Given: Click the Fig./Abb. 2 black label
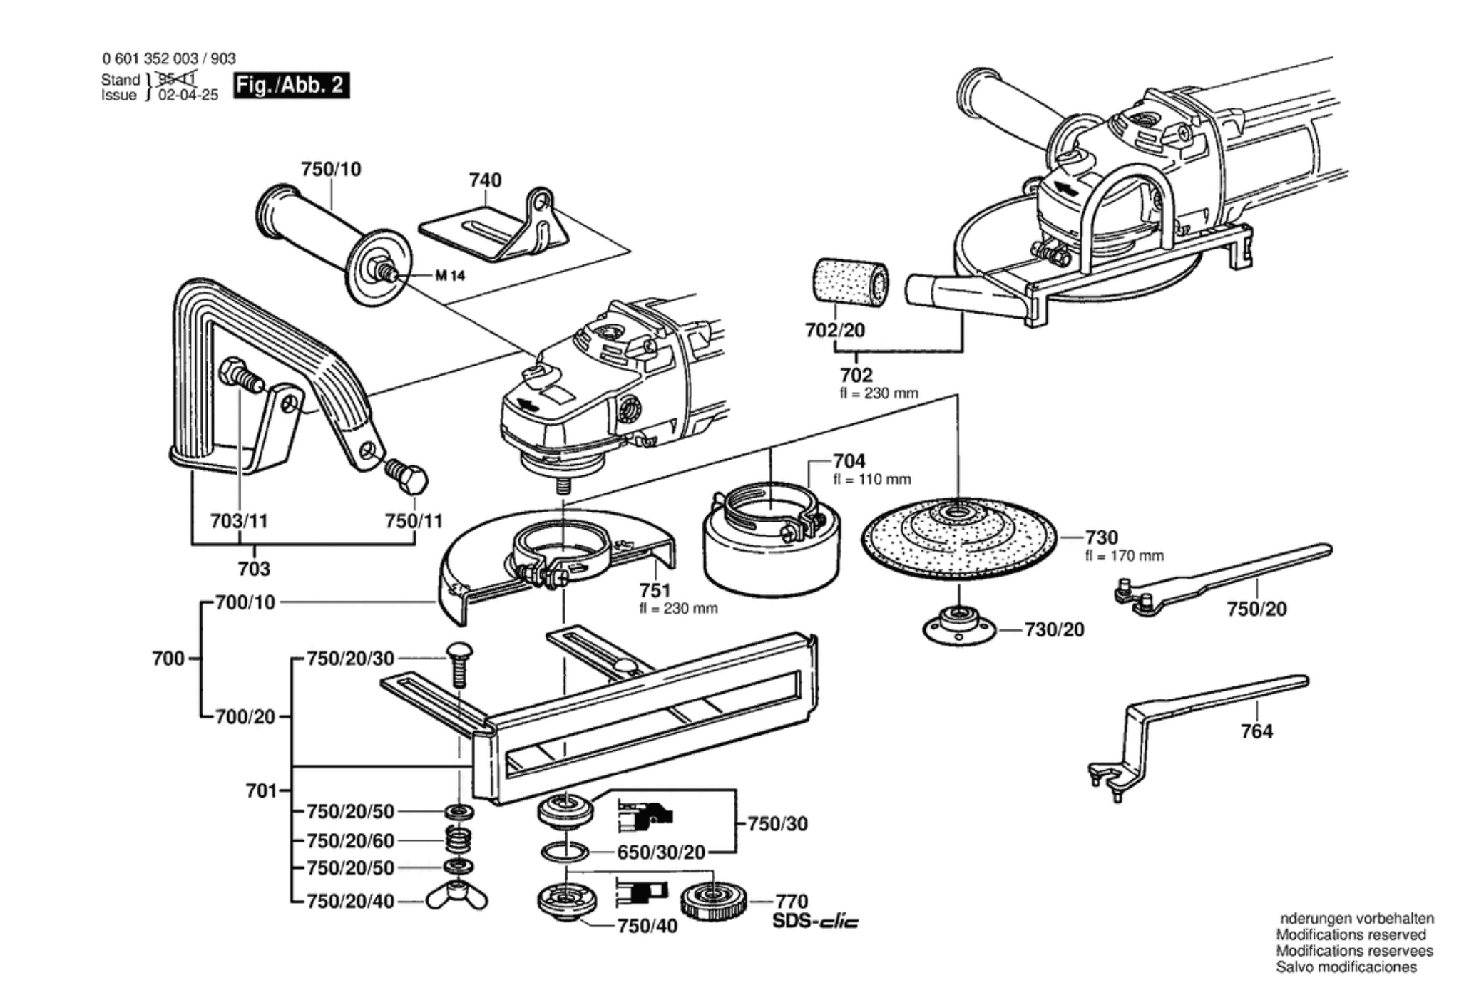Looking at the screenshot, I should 291,86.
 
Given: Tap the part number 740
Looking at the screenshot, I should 485,180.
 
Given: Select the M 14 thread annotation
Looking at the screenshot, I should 450,276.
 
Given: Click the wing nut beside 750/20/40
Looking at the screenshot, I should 457,900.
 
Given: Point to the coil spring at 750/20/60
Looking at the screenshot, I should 459,840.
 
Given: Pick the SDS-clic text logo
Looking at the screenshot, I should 816,921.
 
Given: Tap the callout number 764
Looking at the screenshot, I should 1256,731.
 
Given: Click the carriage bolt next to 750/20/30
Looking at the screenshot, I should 458,661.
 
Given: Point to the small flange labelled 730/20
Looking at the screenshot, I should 959,628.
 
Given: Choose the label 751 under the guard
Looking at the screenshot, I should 655,590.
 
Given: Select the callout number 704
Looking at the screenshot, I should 849,461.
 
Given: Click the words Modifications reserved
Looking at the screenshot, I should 1351,934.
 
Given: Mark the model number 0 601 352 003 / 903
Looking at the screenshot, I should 169,59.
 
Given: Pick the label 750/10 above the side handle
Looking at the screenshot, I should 331,169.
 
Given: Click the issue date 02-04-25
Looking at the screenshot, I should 188,96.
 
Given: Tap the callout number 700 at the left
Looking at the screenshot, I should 168,659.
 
